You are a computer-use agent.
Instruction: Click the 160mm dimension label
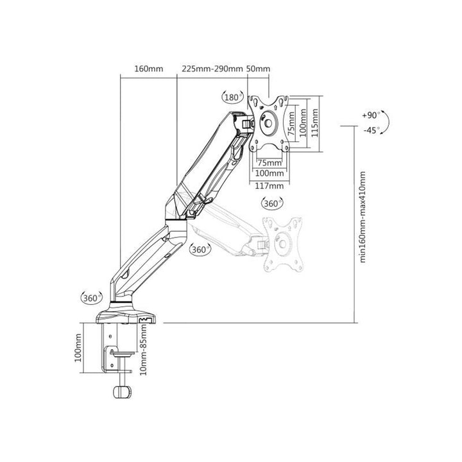pos(149,69)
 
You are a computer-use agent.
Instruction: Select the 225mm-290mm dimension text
pos(212,69)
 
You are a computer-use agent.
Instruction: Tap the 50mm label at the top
pos(258,69)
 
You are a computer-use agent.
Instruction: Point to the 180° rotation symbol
pos(233,97)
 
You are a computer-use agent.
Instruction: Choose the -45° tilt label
pos(372,130)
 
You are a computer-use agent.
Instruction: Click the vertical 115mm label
pos(314,123)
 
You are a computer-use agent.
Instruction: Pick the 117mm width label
pos(269,186)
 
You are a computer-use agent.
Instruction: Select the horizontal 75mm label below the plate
pos(269,162)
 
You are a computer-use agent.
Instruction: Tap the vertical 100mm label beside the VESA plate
pos(303,123)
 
